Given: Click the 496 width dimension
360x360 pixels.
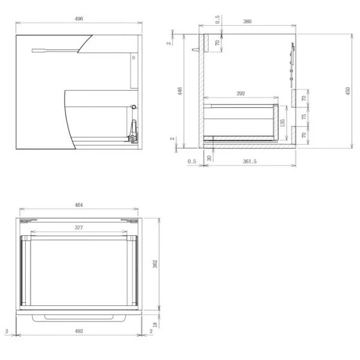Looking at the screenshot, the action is click(x=79, y=19).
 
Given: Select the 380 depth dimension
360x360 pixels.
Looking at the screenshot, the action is click(x=247, y=22).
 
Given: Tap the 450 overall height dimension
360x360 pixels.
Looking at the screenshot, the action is click(x=347, y=91).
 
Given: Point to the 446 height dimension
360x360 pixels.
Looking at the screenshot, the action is click(x=180, y=91).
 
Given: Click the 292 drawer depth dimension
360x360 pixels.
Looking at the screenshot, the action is click(x=241, y=94).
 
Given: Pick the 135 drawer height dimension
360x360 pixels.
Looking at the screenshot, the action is click(x=283, y=122).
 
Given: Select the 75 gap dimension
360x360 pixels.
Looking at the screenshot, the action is click(x=304, y=116).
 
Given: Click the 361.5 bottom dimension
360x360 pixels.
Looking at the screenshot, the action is click(x=250, y=161).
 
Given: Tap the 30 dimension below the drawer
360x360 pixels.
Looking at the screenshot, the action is click(x=209, y=158).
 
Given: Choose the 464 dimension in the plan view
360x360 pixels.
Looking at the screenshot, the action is click(x=79, y=205).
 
